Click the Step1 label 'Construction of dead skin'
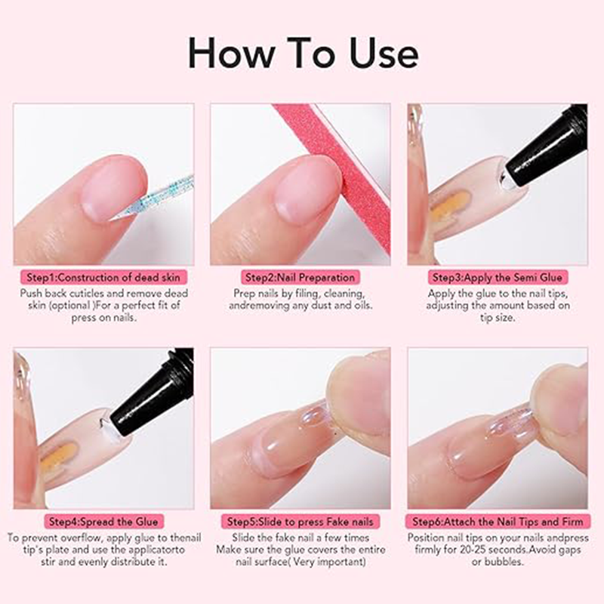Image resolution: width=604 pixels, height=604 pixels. tap(103, 277)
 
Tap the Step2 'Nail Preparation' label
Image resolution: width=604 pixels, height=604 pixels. tap(300, 277)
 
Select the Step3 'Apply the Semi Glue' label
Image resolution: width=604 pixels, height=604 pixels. tap(498, 277)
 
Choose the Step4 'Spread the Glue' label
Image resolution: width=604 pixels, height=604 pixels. tap(103, 521)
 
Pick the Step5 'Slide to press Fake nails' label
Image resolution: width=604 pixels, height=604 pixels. tap(300, 521)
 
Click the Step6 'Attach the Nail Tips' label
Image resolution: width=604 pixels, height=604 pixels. tap(498, 521)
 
